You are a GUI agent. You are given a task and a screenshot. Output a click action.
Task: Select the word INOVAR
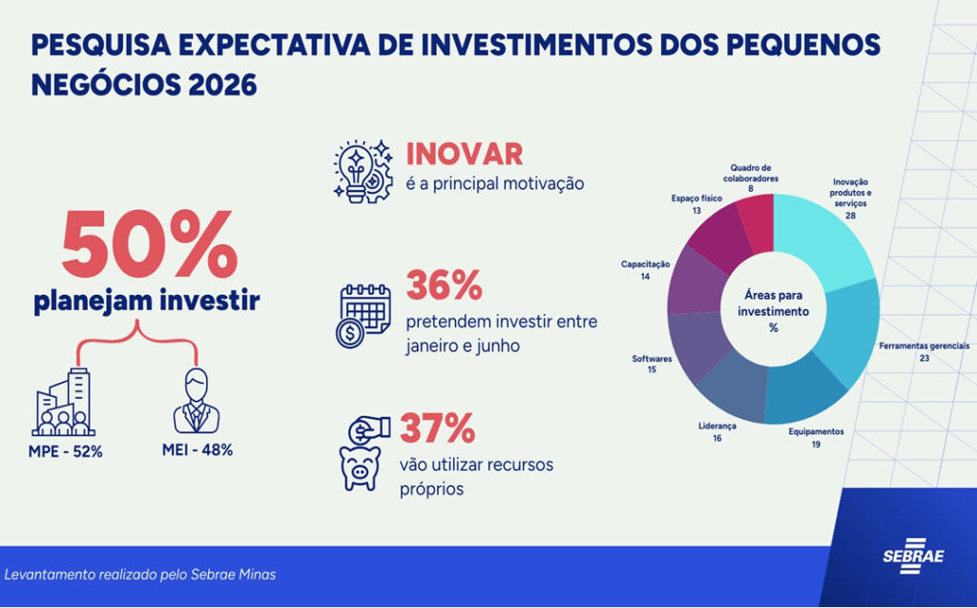[465, 154]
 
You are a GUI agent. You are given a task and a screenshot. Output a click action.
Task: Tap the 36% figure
[444, 284]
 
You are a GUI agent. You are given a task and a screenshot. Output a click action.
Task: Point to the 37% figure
[437, 429]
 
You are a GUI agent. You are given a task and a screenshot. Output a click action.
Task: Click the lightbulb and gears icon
[363, 170]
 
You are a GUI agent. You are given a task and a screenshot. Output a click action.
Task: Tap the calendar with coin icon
[364, 315]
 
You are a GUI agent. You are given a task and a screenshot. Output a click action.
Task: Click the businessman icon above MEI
[196, 401]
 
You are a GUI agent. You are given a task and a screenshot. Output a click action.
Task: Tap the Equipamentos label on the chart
[816, 431]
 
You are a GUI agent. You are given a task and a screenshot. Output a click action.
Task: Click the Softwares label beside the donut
[652, 359]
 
